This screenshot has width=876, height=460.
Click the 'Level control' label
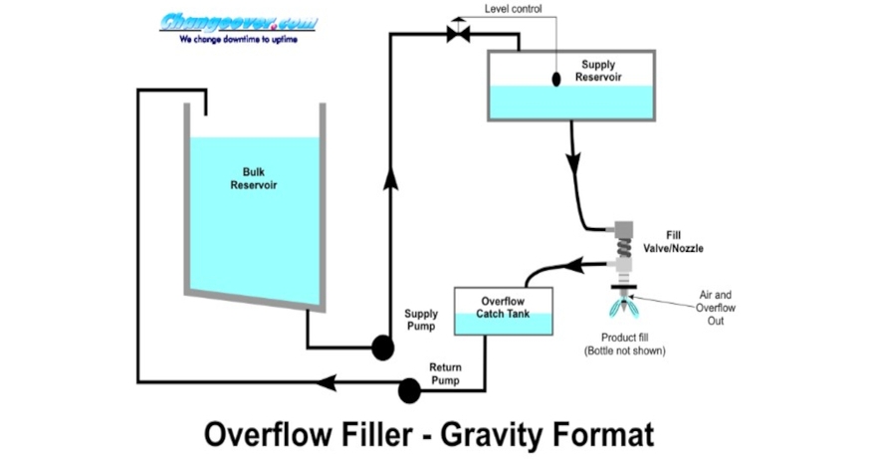(513, 9)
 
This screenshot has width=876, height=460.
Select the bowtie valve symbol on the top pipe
(459, 35)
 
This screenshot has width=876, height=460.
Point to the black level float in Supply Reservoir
(557, 79)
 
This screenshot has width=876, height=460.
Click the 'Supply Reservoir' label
(598, 71)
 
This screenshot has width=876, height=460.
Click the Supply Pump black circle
(382, 346)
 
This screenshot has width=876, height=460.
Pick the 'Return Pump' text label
(445, 373)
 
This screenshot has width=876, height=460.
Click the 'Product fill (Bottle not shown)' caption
(624, 344)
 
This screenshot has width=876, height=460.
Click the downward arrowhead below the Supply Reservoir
(573, 159)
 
